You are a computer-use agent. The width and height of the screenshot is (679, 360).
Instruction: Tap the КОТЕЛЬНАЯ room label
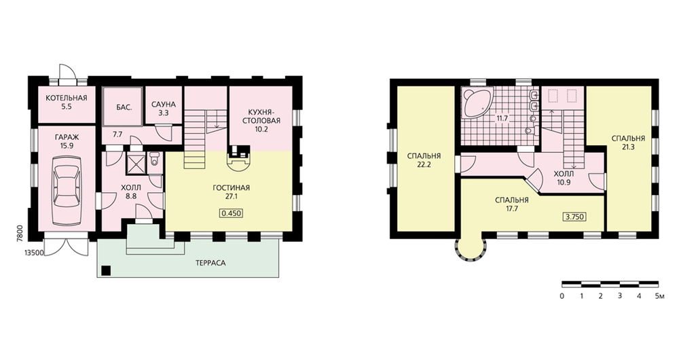coord(67,98)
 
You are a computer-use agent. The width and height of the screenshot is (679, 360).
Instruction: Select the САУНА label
coord(163,105)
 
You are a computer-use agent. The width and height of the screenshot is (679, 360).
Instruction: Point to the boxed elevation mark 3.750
coord(575,217)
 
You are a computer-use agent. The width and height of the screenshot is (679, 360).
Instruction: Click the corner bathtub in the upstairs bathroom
coord(477,102)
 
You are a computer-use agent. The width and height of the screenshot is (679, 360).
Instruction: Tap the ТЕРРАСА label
coord(210,263)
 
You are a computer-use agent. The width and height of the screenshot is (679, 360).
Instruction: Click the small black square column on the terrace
coord(106,271)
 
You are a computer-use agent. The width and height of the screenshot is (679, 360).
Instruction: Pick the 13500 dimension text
coord(34,253)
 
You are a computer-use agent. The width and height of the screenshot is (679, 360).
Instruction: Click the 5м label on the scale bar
coord(659,296)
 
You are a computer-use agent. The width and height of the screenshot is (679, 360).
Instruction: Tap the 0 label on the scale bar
coord(562,296)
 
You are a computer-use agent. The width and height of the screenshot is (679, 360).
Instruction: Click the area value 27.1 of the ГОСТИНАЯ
coord(232,196)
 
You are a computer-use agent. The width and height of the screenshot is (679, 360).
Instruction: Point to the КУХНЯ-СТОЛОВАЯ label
coord(261,117)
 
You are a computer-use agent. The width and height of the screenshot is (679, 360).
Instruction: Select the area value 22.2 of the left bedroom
coord(424,164)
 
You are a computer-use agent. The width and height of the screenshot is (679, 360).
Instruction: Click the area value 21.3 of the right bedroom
coord(628,147)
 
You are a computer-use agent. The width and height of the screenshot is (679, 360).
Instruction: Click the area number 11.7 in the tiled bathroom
coord(502,118)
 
